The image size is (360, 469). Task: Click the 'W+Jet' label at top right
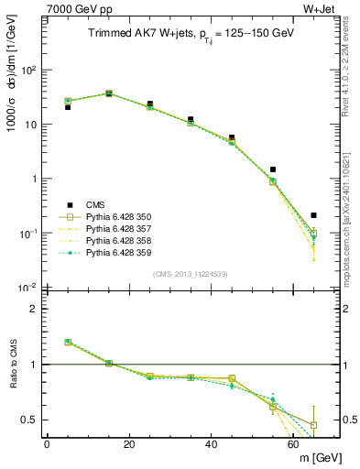322,8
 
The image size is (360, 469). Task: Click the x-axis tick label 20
129,444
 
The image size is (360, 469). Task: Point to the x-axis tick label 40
212,444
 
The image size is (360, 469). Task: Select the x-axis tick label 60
294,444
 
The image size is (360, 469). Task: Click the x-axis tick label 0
47,444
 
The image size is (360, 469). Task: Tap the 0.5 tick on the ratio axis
32,420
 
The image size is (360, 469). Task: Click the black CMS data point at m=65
314,215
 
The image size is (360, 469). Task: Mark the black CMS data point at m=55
273,169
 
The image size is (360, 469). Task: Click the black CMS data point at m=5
68,107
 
